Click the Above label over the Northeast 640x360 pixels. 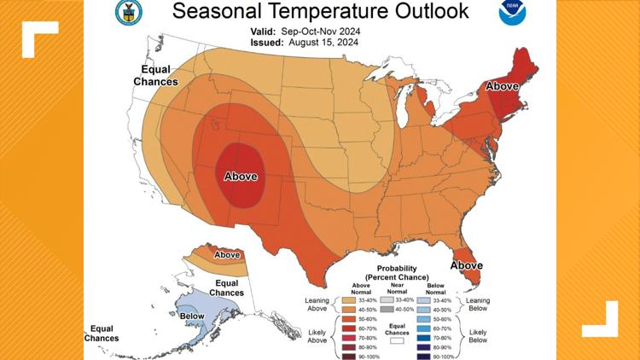pos(503,86)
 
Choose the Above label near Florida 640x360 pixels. pos(467,265)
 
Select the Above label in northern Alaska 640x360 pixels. pos(227,254)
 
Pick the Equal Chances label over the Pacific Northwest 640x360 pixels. pos(155,76)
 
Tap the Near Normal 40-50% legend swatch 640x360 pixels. pos(387,311)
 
